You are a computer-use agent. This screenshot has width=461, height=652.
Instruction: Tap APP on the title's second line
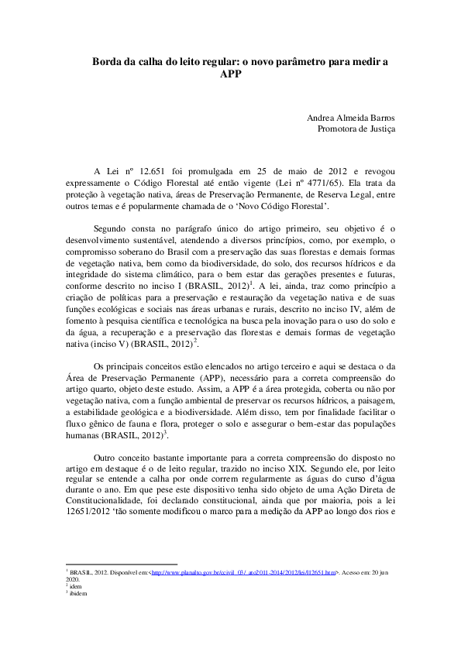click(x=231, y=74)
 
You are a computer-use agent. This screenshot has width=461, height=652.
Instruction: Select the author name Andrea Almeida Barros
click(x=351, y=118)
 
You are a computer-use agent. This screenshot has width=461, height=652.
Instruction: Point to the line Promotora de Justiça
click(x=356, y=129)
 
